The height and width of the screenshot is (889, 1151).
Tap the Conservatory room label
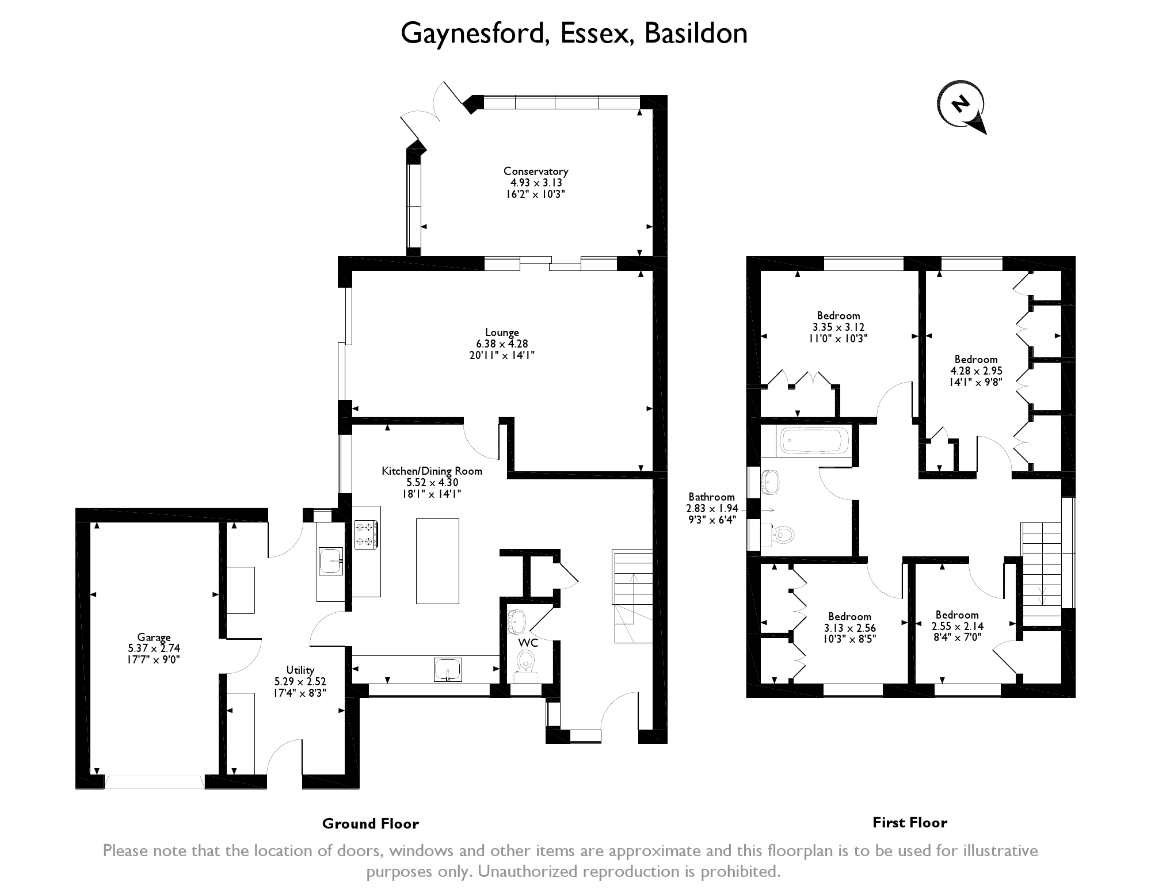coord(536,171)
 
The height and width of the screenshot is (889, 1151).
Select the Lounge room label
coord(502,332)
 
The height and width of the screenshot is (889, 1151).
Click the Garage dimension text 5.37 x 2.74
coord(154,648)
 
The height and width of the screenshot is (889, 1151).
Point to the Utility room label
coord(300,670)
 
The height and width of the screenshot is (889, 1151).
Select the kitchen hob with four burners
coord(367,535)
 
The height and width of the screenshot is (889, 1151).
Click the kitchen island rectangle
coord(437,561)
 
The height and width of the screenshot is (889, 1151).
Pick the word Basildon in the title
coord(696,33)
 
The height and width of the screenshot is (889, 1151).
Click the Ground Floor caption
coord(371,823)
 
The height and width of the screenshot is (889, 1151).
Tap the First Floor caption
coord(910,823)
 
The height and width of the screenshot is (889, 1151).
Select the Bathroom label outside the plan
coord(711,497)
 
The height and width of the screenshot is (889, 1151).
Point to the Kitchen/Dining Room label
coord(432,471)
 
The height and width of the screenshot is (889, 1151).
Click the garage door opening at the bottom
coord(154,782)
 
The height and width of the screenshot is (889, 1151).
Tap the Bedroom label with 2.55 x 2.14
coord(957,615)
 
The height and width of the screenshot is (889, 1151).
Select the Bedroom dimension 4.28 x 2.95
coord(976,371)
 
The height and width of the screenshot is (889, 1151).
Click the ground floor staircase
coord(633,597)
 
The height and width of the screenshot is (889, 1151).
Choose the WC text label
coord(528,643)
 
